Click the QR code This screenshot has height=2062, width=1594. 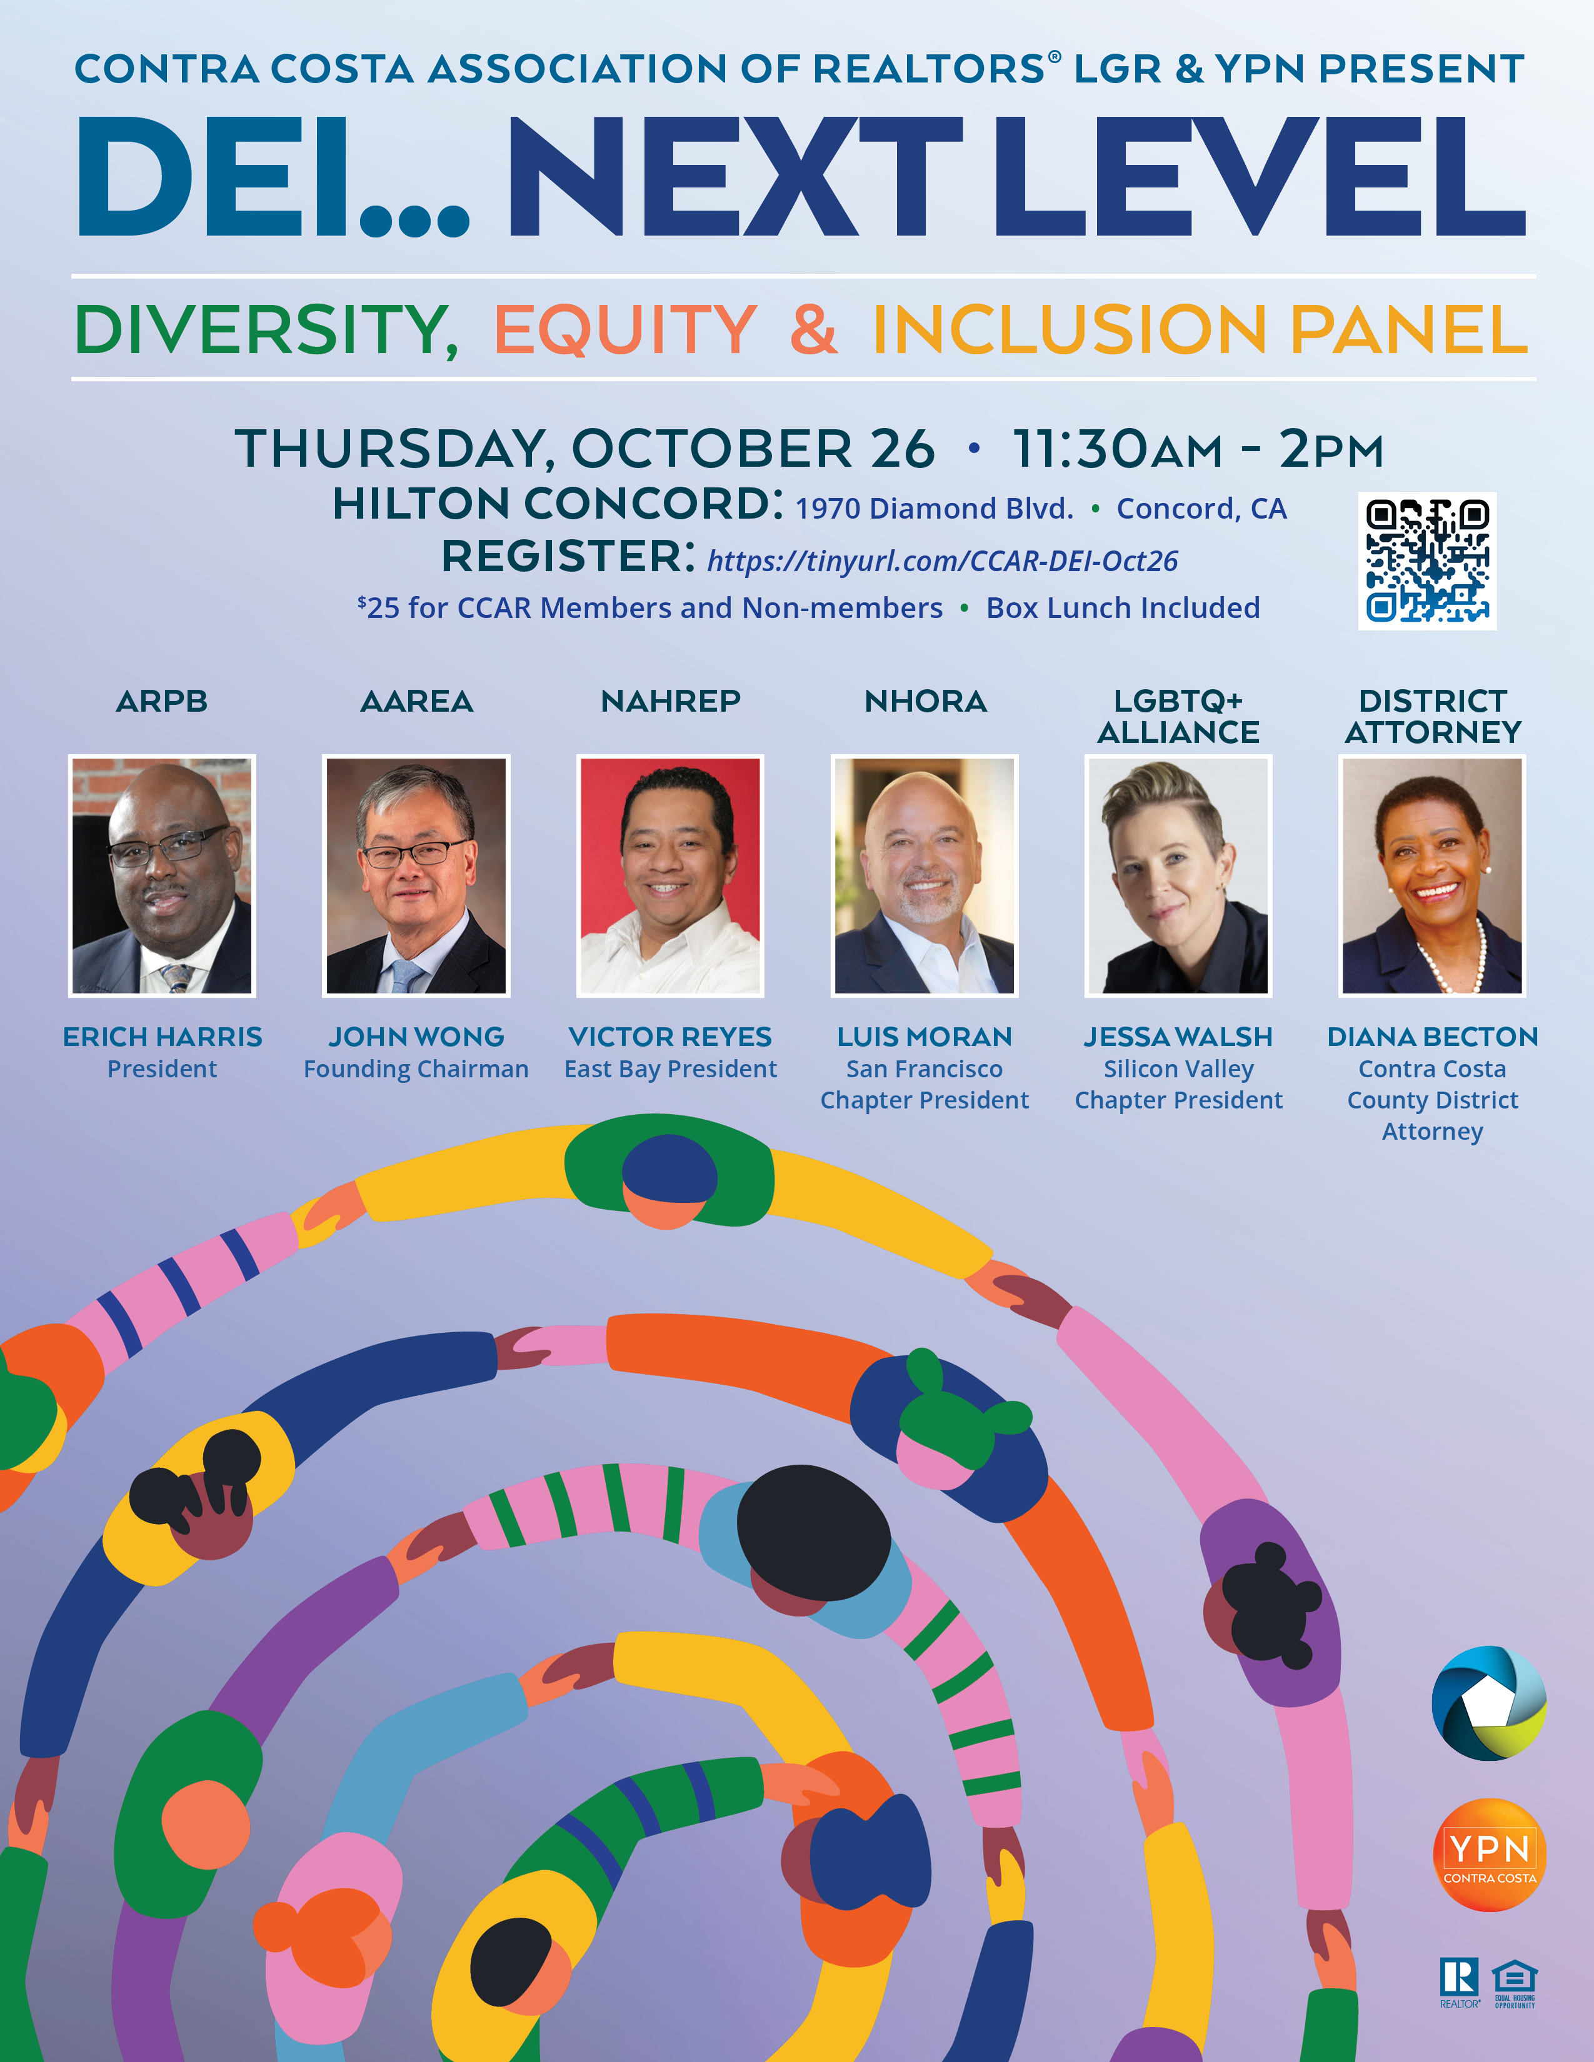(1427, 561)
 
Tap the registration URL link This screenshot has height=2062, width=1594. (943, 561)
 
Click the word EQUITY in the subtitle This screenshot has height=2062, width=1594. (625, 331)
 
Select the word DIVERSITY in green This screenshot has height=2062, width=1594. (266, 331)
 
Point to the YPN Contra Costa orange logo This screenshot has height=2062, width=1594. (1489, 1855)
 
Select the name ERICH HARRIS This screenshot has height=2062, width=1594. (163, 1037)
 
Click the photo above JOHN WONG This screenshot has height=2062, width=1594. (416, 876)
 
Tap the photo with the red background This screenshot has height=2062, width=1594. (671, 876)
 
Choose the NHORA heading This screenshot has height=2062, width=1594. (925, 702)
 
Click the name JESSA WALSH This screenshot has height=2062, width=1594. (1178, 1037)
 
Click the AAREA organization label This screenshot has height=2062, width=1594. (416, 702)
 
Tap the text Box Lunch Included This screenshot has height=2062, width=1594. (1123, 608)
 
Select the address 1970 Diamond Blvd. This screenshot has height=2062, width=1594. (934, 509)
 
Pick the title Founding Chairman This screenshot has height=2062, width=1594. (416, 1068)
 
